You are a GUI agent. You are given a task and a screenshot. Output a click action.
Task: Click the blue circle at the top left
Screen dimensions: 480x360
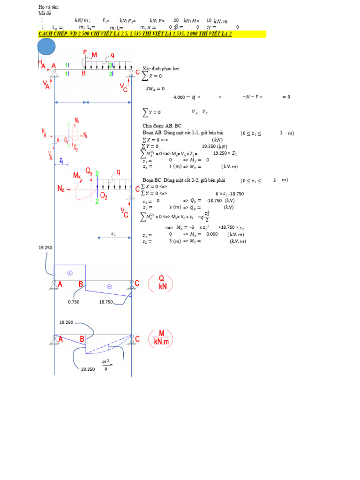point(46,47)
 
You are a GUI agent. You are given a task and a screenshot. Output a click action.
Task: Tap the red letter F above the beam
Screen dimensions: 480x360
point(85,52)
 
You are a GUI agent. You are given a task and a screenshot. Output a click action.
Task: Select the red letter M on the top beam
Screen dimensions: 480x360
point(94,55)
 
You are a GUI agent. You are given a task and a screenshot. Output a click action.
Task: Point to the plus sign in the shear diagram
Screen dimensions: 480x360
point(70,272)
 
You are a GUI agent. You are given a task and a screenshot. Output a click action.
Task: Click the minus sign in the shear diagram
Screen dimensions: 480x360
point(109,286)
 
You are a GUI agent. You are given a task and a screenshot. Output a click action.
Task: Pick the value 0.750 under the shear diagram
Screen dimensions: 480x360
point(74,302)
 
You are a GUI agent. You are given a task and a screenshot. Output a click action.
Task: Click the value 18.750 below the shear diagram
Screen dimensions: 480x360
point(105,302)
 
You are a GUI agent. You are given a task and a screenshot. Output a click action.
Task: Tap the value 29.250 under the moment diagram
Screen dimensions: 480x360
point(88,369)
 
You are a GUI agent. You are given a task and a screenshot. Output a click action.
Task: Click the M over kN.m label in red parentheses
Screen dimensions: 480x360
point(160,338)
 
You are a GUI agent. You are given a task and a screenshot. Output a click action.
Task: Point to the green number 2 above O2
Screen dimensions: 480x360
point(97,174)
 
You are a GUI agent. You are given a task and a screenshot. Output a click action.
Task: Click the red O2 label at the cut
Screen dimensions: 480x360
point(103,196)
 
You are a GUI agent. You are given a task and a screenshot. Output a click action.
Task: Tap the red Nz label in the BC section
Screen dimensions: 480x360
point(61,188)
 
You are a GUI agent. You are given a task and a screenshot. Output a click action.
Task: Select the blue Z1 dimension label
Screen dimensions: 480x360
point(61,160)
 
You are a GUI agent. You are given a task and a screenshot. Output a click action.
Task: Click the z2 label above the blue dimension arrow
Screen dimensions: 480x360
point(113,233)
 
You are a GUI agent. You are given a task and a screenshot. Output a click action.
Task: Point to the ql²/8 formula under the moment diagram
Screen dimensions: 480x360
point(107,365)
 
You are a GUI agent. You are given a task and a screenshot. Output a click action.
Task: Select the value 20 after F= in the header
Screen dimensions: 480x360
point(176,20)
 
